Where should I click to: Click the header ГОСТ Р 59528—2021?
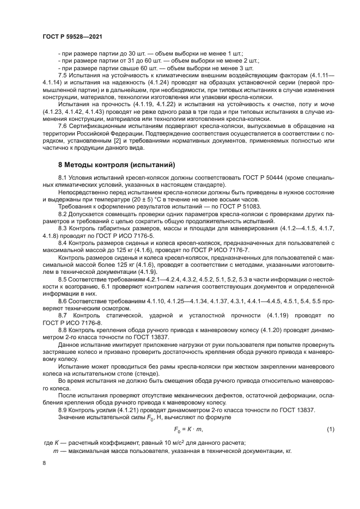(x=72, y=36)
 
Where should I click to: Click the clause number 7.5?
(x=62, y=76)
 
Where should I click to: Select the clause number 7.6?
(x=62, y=126)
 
